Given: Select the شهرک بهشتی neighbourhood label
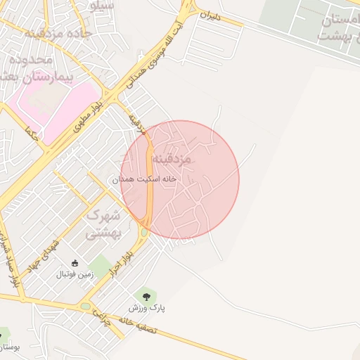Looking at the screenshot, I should pos(104,226).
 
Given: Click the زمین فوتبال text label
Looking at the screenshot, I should pos(75,274).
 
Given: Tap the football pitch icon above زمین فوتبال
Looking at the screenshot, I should pos(75,263).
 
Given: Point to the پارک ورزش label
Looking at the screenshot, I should pos(146,308).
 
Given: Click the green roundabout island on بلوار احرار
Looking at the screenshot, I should pos(144,231).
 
